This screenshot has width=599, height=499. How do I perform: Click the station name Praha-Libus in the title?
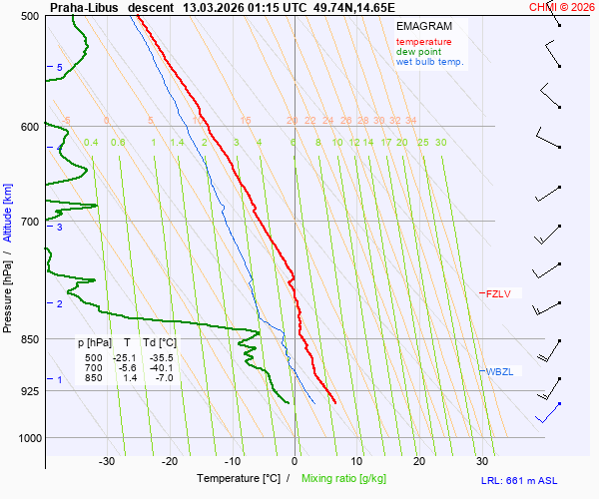click(85, 7)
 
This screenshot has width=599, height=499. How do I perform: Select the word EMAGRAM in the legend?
click(423, 26)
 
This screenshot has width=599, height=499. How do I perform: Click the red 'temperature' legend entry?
click(423, 42)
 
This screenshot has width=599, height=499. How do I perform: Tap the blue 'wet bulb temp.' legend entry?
click(429, 62)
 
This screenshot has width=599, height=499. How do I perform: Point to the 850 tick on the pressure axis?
click(29, 339)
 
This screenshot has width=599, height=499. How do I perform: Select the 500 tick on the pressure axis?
click(29, 17)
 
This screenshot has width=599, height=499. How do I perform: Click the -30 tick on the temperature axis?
click(107, 461)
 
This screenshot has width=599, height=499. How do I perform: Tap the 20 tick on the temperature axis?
click(419, 461)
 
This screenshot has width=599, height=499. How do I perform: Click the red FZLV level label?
click(497, 293)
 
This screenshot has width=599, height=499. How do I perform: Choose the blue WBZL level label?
click(499, 372)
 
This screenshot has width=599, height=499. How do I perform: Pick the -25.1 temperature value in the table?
click(125, 357)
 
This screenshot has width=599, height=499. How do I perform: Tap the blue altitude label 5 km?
click(60, 67)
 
